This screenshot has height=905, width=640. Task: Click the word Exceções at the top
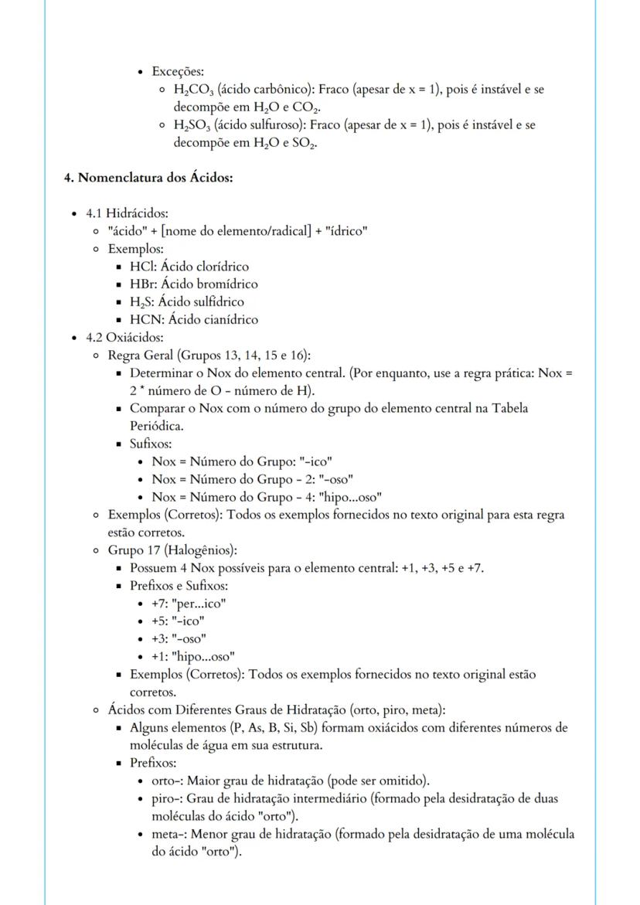pyautogui.click(x=177, y=72)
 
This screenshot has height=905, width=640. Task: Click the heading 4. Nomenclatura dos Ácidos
pyautogui.click(x=148, y=178)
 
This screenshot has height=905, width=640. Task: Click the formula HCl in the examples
pyautogui.click(x=142, y=267)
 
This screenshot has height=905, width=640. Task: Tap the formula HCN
pyautogui.click(x=145, y=319)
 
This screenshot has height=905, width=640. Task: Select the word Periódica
pyautogui.click(x=158, y=425)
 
